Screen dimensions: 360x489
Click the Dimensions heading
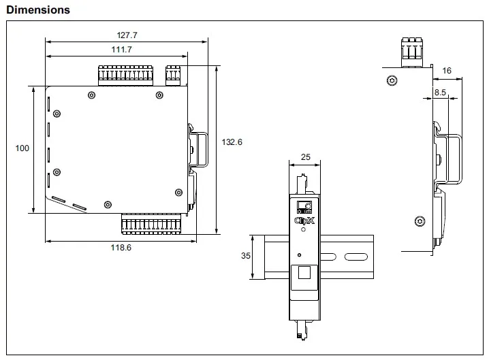tap(37, 10)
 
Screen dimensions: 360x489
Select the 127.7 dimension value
tap(127, 35)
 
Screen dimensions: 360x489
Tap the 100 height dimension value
tap(22, 148)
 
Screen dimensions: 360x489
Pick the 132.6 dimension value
tap(232, 142)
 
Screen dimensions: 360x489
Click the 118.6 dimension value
tap(121, 248)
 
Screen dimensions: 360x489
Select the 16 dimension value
tap(447, 71)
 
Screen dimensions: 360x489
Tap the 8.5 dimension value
tap(440, 91)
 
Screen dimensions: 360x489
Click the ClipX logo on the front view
tap(304, 220)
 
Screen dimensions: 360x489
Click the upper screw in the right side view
tap(391, 82)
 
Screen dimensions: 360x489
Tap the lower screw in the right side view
tap(419, 221)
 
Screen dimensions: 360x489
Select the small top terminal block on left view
tap(173, 72)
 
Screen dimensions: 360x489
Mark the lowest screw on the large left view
tap(107, 204)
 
